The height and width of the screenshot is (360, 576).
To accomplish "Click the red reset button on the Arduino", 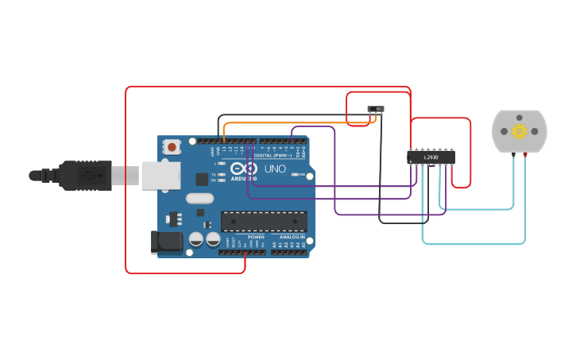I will [172, 146].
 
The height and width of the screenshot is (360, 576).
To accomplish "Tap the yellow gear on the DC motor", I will [519, 131].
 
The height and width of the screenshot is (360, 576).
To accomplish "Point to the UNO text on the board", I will [275, 169].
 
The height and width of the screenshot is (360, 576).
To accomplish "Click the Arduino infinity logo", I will [244, 168].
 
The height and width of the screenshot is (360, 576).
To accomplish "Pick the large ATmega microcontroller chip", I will [263, 223].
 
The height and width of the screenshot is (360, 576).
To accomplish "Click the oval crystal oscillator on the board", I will [199, 199].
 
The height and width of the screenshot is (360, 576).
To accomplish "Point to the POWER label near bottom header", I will [256, 237].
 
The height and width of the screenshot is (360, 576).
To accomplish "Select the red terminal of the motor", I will [525, 153].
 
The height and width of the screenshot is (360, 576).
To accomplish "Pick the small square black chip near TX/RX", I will [202, 179].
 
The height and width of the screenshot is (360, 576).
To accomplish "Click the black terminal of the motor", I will [513, 153].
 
